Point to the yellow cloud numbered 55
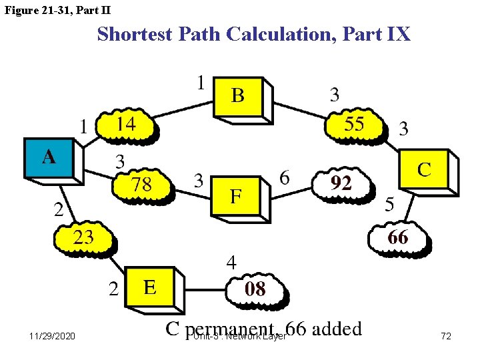coord(354,124)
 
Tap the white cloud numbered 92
coord(341,183)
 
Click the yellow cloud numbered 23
coord(83,237)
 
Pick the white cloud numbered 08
coord(255,289)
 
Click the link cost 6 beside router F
coord(284,178)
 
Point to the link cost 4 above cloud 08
coord(231,263)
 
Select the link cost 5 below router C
coord(389,205)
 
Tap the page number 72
coord(446,337)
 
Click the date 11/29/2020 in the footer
coord(53,337)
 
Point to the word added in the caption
coord(337,329)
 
